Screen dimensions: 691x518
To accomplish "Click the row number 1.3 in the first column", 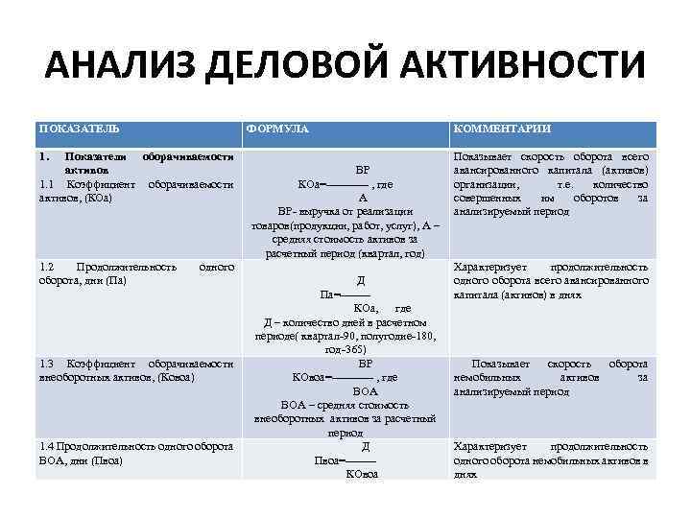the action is coord(47,364).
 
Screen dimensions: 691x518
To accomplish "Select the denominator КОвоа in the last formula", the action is coord(362,474).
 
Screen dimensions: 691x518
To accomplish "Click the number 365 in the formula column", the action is coord(367,350).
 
